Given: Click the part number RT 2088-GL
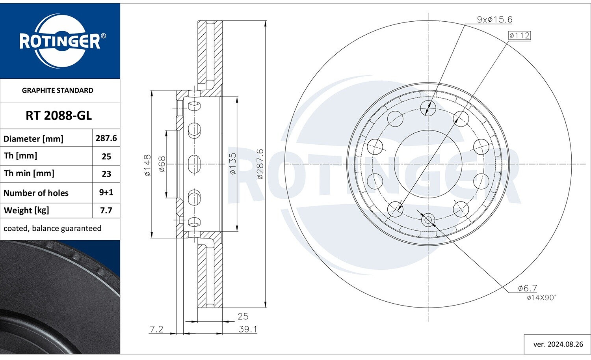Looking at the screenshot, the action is click(x=59, y=116).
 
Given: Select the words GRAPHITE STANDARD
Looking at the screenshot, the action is click(x=58, y=91).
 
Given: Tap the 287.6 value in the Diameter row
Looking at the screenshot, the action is click(x=106, y=138).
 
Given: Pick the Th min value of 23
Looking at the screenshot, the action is click(x=106, y=174).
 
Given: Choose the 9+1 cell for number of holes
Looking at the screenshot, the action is click(x=106, y=192).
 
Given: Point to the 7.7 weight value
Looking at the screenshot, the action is click(x=106, y=211).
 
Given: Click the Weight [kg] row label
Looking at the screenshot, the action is click(x=26, y=211).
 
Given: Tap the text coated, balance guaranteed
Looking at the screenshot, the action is click(x=52, y=228).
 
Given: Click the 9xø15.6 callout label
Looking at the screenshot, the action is click(x=494, y=20).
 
